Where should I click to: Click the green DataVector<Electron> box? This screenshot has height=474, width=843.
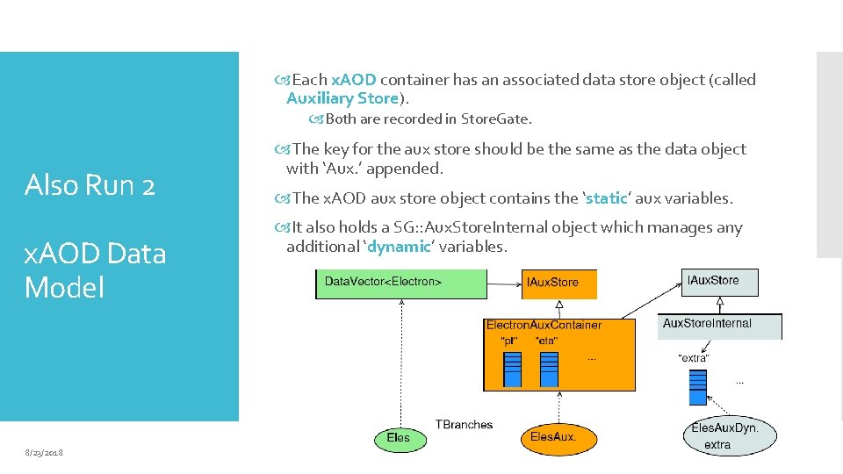pos(400,283)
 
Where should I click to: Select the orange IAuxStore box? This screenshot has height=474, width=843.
pos(560,283)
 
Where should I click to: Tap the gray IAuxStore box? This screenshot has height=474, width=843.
pos(719,281)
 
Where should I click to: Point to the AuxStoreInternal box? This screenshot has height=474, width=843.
pos(719,325)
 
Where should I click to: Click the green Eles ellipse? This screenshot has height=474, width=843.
pos(398,437)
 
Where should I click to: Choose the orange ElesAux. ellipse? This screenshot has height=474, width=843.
pos(553,437)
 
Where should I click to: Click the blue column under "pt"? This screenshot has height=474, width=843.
pos(512,369)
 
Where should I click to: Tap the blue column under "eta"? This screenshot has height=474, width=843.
pos(549,369)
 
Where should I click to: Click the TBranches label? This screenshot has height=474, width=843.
pos(464,425)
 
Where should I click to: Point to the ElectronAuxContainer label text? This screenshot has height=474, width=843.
pos(544,325)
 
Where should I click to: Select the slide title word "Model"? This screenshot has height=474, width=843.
pos(64,287)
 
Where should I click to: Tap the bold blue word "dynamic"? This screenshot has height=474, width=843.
pos(400,247)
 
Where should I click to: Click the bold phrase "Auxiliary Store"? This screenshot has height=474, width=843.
pos(342,98)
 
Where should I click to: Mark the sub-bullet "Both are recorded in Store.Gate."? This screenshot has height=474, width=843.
pos(429,118)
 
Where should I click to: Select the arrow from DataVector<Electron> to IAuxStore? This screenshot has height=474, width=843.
pos(505,283)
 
